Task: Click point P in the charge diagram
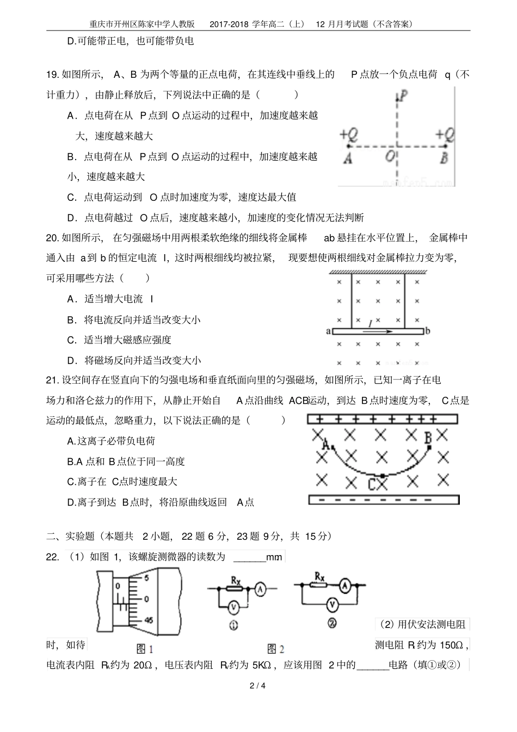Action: point(403,96)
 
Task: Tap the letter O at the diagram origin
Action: point(390,157)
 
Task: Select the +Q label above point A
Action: point(348,135)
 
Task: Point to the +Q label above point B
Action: point(445,135)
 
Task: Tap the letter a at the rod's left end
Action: point(328,331)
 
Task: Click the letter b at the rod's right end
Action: point(428,331)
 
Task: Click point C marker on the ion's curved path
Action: point(383,476)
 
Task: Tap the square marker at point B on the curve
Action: point(429,447)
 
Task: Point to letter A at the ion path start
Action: point(325,444)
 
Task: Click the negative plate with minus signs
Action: point(384,500)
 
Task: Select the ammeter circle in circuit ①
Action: point(261,588)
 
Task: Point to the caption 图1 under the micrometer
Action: point(144,649)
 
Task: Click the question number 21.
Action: point(52,380)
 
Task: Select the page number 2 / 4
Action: point(258,685)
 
